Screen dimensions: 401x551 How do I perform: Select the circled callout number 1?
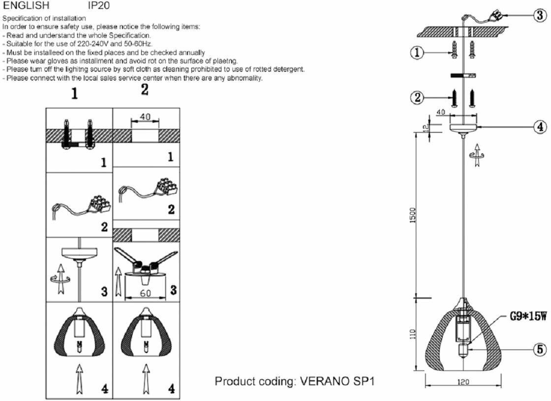pyautogui.click(x=417, y=53)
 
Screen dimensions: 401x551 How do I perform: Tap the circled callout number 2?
pyautogui.click(x=417, y=98)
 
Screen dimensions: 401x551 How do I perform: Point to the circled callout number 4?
pyautogui.click(x=540, y=127)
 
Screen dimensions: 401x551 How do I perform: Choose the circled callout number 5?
pyautogui.click(x=540, y=349)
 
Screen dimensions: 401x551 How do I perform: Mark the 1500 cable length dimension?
pyautogui.click(x=413, y=214)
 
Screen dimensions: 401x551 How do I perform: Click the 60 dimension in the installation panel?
pyautogui.click(x=145, y=293)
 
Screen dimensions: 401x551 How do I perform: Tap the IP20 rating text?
pyautogui.click(x=99, y=6)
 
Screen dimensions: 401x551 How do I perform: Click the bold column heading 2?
pyautogui.click(x=144, y=90)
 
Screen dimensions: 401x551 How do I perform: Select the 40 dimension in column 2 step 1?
pyautogui.click(x=145, y=118)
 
